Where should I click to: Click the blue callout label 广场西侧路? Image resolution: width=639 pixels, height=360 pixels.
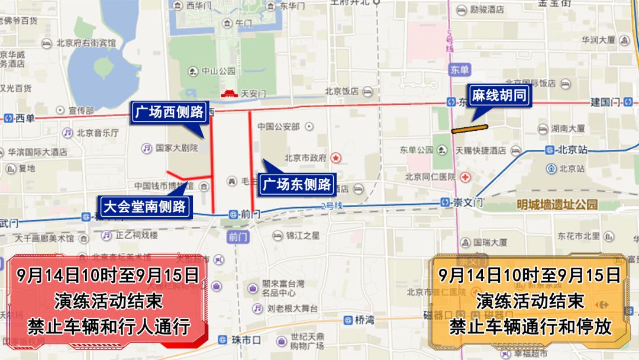click(x=168, y=111)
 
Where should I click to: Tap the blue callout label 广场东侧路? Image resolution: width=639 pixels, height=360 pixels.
click(x=298, y=184)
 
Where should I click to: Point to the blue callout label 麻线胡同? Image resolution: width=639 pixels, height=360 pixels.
click(x=498, y=97)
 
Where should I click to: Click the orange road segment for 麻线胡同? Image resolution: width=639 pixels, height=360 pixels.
click(x=469, y=128)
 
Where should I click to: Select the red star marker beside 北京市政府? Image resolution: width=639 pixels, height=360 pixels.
click(x=335, y=158)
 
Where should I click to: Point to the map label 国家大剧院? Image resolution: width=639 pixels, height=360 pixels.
click(x=177, y=148)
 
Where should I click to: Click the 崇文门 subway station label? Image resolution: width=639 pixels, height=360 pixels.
click(x=468, y=202)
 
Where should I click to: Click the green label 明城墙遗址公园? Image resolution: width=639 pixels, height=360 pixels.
click(x=557, y=205)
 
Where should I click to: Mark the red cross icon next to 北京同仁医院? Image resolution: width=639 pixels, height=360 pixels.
click(x=466, y=177)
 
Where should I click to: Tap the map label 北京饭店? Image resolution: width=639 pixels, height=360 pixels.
click(x=342, y=91)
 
